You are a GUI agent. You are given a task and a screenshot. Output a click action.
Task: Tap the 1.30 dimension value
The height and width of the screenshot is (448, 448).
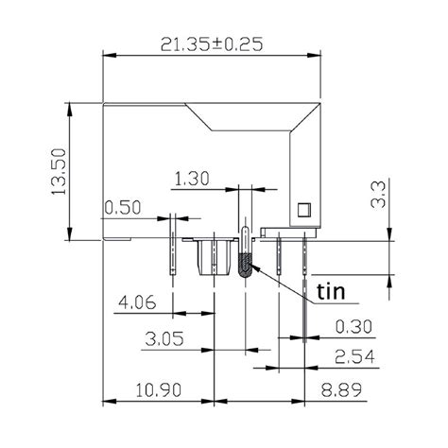point(193,178)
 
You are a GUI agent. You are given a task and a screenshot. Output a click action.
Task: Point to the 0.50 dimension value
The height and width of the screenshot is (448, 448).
point(124,207)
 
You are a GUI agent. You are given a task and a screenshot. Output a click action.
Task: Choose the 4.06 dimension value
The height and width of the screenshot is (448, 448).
point(138,303)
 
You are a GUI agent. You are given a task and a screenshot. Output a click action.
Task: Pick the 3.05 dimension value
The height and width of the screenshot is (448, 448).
point(164,338)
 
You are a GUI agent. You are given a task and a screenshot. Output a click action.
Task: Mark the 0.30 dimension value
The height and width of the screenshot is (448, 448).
point(354,327)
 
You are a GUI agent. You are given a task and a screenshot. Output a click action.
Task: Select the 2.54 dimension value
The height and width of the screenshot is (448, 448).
point(354,356)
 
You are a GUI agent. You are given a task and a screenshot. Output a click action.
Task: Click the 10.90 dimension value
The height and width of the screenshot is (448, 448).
point(150,389)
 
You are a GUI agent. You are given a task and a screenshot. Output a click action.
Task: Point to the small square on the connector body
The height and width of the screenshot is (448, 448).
point(303,209)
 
